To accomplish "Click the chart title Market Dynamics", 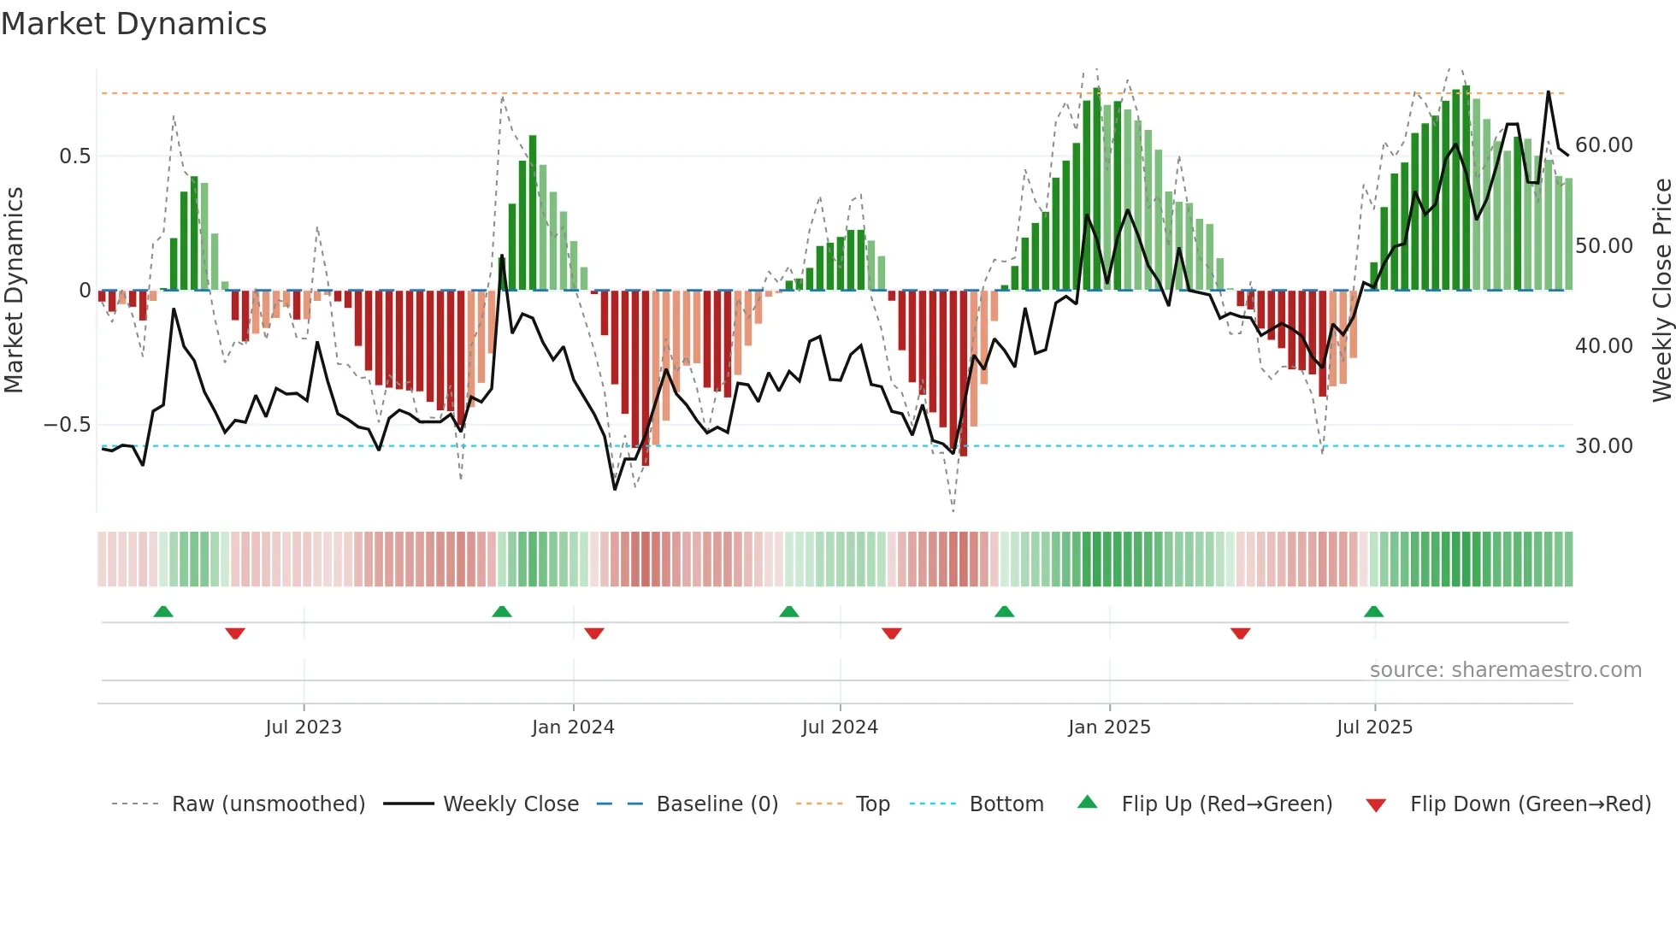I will [133, 24].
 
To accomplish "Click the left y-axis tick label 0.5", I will [74, 156].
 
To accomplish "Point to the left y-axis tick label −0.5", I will [68, 425].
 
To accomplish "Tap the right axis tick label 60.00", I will [1603, 145].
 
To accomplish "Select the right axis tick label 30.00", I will [1603, 446].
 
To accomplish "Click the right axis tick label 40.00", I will [1603, 346].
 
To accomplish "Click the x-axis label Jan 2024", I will [573, 727].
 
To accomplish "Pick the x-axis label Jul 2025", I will [1374, 727].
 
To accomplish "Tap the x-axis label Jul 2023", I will [304, 727].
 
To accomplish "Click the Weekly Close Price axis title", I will [1661, 291].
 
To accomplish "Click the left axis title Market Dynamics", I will [14, 291].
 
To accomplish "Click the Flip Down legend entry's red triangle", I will [1376, 805].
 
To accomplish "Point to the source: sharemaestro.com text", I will [1505, 670].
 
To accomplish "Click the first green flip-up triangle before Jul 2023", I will [163, 611].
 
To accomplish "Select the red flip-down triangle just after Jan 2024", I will [594, 633].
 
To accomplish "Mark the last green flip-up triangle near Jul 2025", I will [1373, 611].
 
